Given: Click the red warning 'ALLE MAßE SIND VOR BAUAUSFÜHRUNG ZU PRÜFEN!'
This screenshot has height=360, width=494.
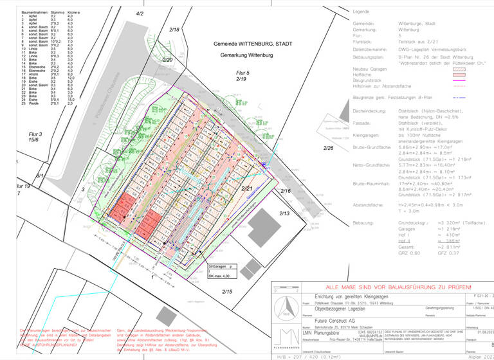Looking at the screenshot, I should (377, 287).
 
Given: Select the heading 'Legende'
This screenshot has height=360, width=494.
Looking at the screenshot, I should (362, 12).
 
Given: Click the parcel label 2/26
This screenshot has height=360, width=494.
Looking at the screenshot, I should (329, 148).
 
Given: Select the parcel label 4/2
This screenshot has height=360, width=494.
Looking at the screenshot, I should (140, 14).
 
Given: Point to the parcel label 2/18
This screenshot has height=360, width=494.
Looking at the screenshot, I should (174, 30).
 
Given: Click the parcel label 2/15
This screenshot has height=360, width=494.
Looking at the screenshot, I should (228, 292).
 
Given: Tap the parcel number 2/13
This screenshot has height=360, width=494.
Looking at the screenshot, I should (284, 213).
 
